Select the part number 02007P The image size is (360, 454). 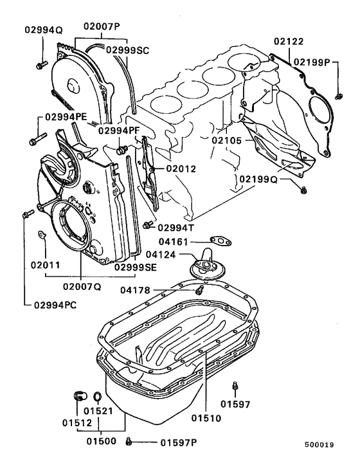pos(102,26)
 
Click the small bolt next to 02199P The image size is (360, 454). pos(338,96)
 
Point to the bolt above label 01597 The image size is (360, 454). pos(235,386)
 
